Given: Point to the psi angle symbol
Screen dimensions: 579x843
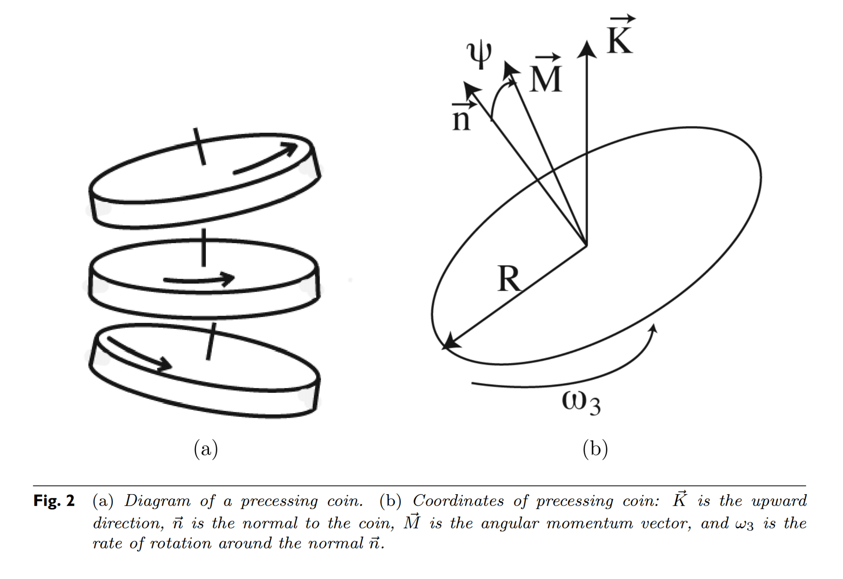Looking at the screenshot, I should click(479, 54).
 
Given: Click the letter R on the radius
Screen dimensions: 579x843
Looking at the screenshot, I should click(509, 279).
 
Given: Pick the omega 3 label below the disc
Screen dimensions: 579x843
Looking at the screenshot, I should click(581, 403).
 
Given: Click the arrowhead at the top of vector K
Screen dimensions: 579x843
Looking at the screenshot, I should click(586, 49).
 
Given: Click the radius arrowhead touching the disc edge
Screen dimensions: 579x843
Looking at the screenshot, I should click(451, 342).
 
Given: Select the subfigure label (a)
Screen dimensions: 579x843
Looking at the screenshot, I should click(206, 449).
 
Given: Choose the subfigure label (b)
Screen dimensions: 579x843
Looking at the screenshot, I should click(595, 449).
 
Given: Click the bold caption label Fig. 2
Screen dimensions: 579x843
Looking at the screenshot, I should click(54, 501).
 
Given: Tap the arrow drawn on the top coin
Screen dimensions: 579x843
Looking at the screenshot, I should click(266, 158).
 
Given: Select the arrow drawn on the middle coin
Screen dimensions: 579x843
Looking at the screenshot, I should click(199, 280).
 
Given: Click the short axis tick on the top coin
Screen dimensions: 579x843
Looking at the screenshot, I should click(199, 146).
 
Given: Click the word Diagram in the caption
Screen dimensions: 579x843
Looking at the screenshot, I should click(157, 501).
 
